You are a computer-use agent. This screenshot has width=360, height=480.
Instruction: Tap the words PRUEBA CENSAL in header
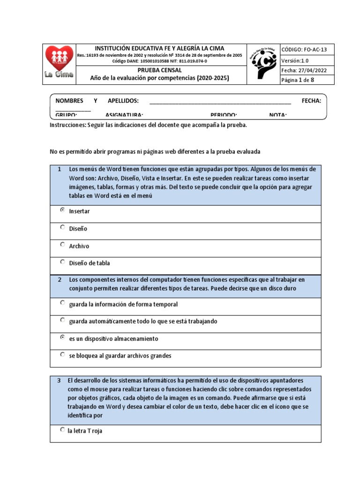point(160,70)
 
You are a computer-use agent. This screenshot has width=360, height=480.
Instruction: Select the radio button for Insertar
point(63,210)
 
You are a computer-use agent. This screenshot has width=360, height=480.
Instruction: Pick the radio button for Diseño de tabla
point(63,262)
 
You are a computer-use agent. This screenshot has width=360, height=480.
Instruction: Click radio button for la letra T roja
point(63,430)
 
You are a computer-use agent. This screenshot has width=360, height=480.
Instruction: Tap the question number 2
point(60,279)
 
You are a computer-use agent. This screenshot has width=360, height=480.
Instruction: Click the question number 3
point(59,381)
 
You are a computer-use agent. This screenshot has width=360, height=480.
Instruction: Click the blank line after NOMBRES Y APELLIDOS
point(220,101)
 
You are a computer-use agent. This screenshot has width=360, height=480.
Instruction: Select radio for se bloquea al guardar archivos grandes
point(63,355)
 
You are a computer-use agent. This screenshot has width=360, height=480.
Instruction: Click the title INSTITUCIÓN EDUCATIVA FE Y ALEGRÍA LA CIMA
point(160,48)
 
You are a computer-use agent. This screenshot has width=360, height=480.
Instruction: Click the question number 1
point(60,169)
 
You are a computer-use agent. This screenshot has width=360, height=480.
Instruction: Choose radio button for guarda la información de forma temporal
point(63,303)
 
